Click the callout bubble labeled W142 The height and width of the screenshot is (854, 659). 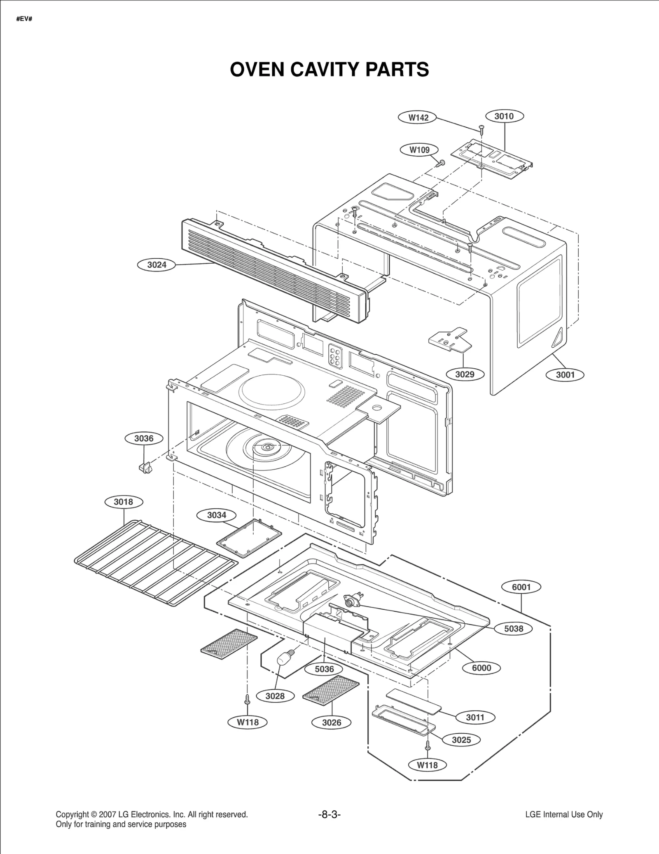click(418, 117)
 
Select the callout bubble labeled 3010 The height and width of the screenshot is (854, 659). click(504, 116)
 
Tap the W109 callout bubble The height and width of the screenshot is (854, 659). click(419, 150)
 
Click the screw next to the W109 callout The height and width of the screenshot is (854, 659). click(440, 163)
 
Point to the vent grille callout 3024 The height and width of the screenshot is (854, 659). click(157, 265)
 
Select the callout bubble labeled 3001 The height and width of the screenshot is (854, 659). click(565, 375)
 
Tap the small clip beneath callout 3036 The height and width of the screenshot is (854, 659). click(145, 468)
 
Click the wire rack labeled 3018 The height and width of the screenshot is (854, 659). click(157, 562)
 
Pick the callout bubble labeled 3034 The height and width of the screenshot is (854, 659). click(217, 515)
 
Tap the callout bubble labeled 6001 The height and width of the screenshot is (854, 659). click(521, 587)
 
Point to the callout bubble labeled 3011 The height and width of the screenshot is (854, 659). click(475, 717)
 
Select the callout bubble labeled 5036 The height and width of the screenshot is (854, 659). click(324, 669)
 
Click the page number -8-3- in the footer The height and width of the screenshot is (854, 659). click(329, 814)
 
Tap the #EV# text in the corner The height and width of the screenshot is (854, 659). click(24, 19)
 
